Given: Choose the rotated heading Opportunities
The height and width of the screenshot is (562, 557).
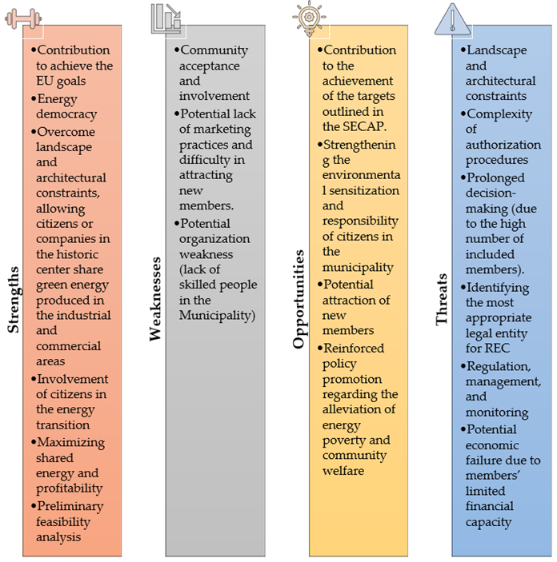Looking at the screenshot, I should [x=299, y=298].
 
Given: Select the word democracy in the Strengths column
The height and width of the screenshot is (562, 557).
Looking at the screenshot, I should [x=66, y=114].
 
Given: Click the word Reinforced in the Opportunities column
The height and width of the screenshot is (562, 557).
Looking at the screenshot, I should [x=354, y=348].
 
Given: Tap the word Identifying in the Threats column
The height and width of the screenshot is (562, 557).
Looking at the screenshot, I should [x=499, y=288].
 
